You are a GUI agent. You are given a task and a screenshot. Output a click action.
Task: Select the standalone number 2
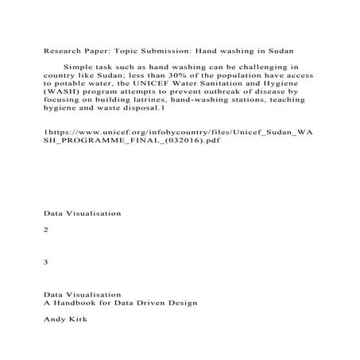pos(47,229)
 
